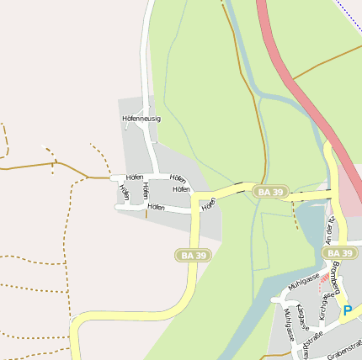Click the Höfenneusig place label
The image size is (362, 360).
pyautogui.click(x=141, y=119)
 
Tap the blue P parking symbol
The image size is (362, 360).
pyautogui.click(x=348, y=311)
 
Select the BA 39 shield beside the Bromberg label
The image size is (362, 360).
pyautogui.click(x=339, y=253)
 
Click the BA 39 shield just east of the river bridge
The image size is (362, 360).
pyautogui.click(x=271, y=193)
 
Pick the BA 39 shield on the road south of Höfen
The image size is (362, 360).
pyautogui.click(x=194, y=255)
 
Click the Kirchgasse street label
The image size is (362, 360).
pyautogui.click(x=324, y=307)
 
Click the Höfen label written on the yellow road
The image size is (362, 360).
pyautogui.click(x=209, y=203)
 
